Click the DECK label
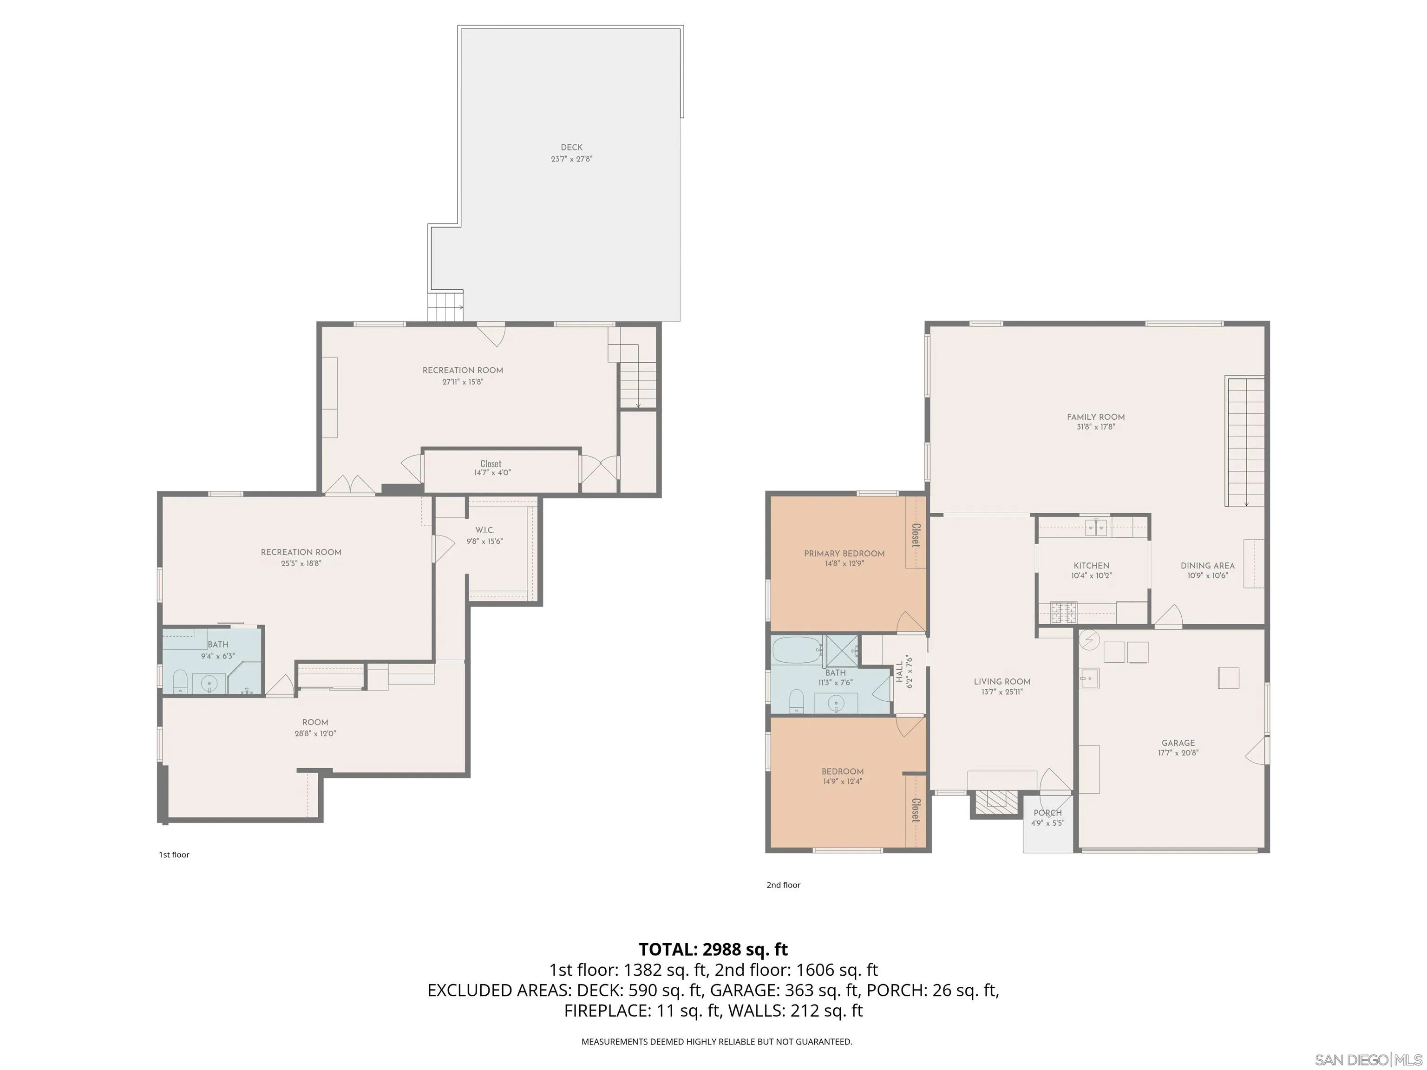571,148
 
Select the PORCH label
1047,813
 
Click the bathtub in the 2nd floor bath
797,650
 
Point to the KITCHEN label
1091,566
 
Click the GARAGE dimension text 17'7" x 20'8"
1178,753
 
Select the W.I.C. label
484,530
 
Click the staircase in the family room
1245,442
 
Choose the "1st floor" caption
174,855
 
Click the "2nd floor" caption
783,885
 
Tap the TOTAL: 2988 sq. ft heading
713,949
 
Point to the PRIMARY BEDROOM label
844,554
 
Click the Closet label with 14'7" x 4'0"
491,464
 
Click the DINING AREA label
1207,566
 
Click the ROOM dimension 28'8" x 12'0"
315,733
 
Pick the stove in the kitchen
1064,612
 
